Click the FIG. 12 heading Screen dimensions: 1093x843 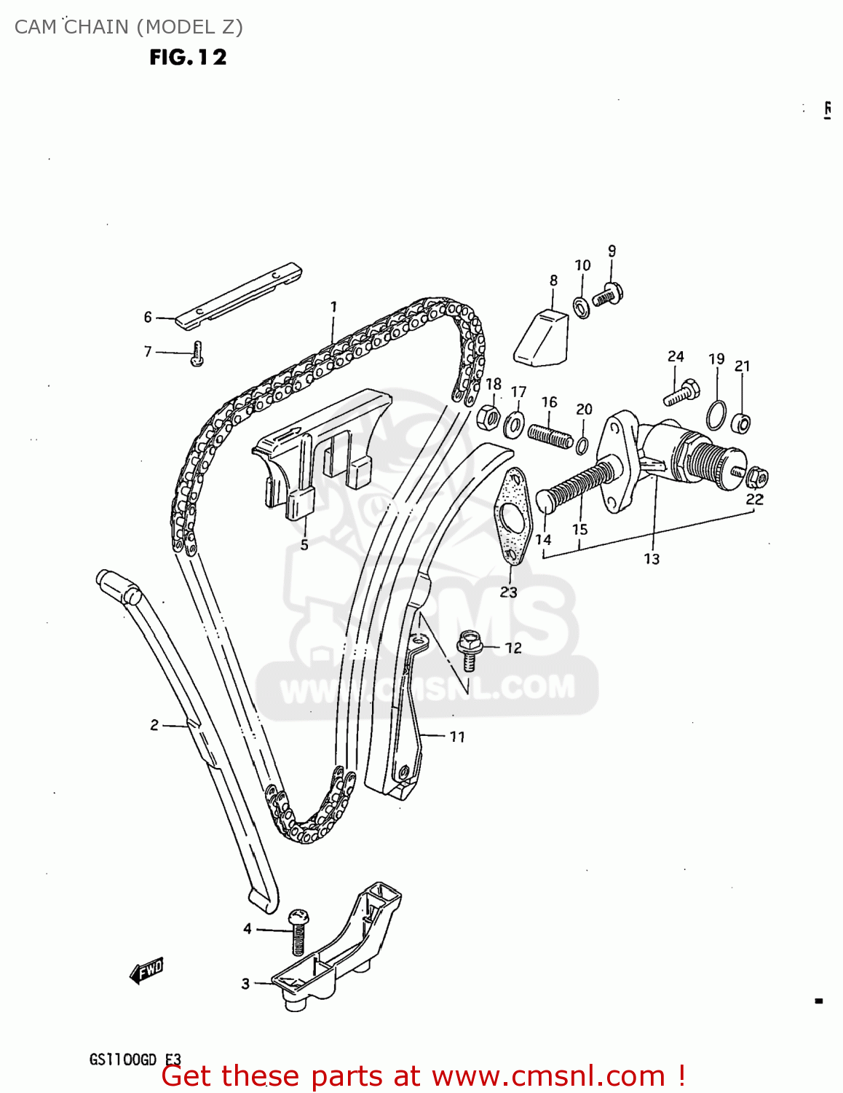188,58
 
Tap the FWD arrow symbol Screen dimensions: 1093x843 146,970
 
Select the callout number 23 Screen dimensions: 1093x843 508,592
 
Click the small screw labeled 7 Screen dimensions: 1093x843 197,353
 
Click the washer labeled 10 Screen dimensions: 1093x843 582,307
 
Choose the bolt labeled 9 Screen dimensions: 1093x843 606,295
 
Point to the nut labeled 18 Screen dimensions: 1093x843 488,418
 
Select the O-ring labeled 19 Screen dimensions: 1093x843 716,415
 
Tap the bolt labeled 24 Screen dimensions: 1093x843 681,393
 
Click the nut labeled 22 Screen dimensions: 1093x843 756,477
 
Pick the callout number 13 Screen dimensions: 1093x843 651,559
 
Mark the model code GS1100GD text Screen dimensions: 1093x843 122,1059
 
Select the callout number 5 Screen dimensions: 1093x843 304,544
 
